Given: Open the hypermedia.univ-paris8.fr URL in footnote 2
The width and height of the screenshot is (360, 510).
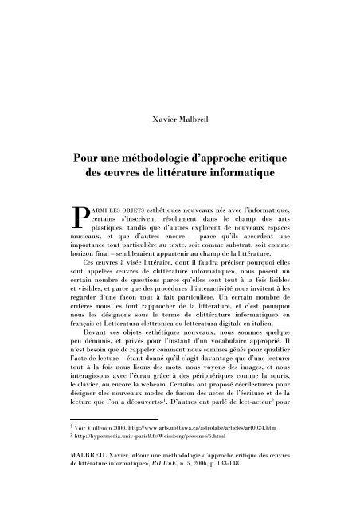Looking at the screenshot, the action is point(159,481).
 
